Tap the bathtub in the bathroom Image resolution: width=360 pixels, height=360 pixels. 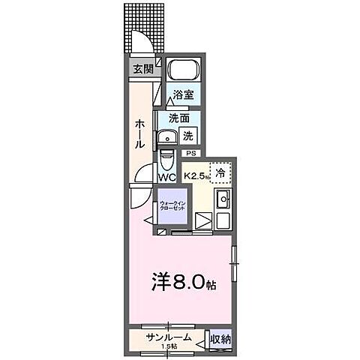[182, 71]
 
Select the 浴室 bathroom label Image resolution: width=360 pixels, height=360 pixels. [184, 94]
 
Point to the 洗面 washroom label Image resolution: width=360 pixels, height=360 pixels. [178, 118]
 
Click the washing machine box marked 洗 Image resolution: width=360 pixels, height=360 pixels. [189, 136]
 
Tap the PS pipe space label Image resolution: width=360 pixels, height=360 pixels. [190, 154]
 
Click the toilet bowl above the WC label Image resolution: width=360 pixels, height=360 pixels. [167, 161]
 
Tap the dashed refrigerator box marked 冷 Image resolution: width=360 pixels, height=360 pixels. [220, 172]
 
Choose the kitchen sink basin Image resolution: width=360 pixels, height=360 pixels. [222, 200]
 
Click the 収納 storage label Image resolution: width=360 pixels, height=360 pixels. [219, 340]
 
